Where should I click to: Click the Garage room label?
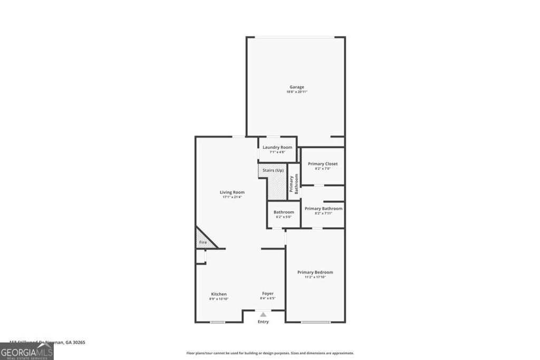coord(296,87)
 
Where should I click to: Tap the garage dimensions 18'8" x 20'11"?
coord(296,92)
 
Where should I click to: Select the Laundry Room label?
coord(277,147)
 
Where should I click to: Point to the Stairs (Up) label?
coord(273,170)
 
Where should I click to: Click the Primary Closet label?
coord(323,164)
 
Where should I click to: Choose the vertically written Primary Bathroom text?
coord(293,184)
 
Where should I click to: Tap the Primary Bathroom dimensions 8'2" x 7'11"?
coord(323,213)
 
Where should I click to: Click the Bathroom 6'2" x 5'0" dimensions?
coord(284,217)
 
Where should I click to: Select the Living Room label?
coord(232,192)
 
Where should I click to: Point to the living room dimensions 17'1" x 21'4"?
coord(232,198)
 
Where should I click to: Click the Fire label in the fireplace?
coord(202,242)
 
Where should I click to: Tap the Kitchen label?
coord(219,294)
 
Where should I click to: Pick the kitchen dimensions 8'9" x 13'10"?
coord(219,299)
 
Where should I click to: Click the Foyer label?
coord(268,293)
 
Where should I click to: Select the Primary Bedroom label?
coord(315,272)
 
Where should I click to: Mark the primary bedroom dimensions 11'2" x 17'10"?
coord(315,277)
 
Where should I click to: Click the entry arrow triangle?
coord(263,315)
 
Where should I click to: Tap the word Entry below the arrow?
coord(263,322)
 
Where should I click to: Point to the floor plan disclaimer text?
coord(270,353)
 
